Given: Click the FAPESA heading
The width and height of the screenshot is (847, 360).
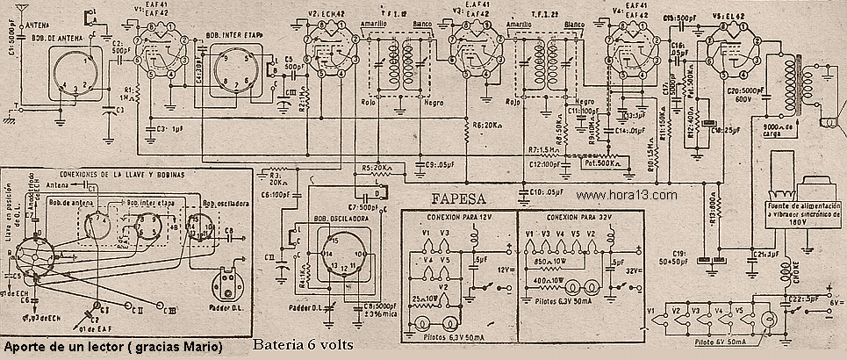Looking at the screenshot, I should point(459,198).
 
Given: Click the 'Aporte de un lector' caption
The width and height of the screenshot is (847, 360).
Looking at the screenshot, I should point(112,346).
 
